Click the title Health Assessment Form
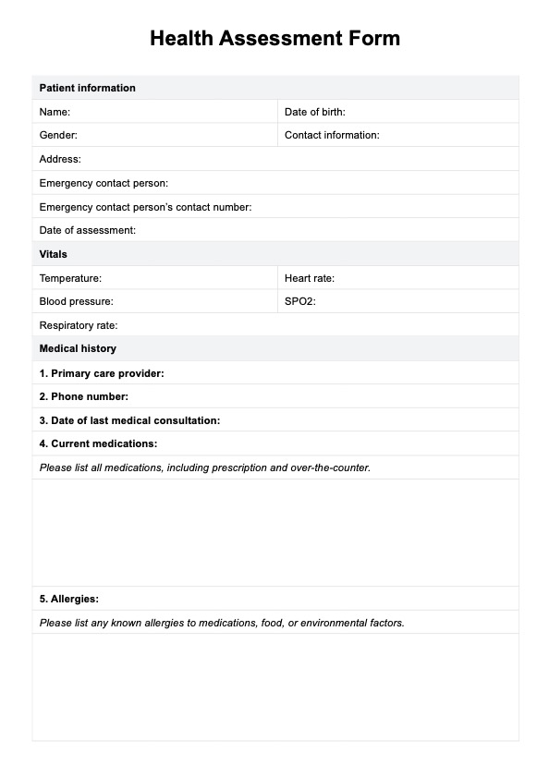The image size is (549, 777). click(274, 39)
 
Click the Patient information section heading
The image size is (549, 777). click(87, 89)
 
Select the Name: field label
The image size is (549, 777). click(55, 112)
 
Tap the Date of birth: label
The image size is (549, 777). click(314, 112)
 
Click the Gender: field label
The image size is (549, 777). click(58, 135)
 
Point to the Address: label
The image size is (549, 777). click(60, 159)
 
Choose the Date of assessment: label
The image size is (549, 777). click(87, 230)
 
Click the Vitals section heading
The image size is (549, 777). click(53, 254)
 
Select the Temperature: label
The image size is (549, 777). click(70, 278)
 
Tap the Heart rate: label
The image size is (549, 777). click(310, 278)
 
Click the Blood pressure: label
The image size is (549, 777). click(76, 301)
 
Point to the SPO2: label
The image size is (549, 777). click(300, 301)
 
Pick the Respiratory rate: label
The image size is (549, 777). click(79, 325)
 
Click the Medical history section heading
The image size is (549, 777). click(78, 349)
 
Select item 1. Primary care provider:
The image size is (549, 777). click(102, 373)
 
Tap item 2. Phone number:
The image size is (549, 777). click(84, 396)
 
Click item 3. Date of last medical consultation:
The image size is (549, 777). click(129, 420)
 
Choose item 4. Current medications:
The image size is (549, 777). click(98, 443)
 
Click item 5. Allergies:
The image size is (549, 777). click(69, 599)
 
